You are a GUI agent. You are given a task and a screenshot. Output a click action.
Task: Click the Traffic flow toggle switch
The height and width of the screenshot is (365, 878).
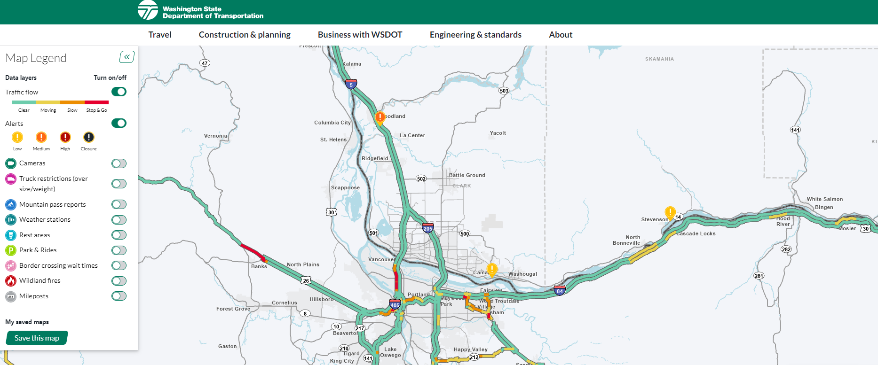(119, 92)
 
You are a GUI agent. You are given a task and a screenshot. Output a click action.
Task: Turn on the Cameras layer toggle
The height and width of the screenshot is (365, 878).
(119, 163)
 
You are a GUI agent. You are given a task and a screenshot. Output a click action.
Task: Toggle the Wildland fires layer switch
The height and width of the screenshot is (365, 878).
(119, 281)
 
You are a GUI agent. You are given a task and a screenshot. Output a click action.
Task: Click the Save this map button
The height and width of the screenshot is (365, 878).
(37, 338)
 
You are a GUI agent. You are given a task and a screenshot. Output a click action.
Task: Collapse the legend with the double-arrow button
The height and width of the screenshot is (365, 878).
(127, 57)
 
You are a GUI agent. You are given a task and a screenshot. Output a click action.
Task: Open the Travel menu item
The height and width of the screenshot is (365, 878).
(160, 35)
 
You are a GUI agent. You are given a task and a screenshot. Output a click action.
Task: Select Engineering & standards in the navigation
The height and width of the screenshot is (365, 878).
(475, 35)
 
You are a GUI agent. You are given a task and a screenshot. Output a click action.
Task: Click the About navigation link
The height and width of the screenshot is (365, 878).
(561, 35)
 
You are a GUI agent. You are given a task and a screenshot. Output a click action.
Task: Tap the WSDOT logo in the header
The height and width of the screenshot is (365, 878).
(148, 10)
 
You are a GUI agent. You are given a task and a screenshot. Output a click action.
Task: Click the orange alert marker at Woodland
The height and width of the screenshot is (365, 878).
(380, 116)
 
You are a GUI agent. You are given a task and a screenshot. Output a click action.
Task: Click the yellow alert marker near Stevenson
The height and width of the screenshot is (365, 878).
(670, 212)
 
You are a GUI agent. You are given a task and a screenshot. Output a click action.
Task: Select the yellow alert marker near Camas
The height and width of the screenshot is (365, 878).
(492, 270)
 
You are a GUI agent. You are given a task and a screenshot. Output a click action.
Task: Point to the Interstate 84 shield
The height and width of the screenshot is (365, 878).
(560, 290)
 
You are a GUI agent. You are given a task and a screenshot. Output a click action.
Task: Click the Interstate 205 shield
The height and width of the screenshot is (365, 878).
(427, 228)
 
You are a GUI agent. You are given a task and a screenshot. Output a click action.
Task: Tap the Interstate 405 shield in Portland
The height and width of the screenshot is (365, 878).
(395, 304)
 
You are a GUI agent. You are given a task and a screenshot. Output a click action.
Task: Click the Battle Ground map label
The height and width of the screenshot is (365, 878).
(467, 175)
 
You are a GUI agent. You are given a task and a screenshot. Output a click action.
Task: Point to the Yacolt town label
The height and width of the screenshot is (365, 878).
(498, 133)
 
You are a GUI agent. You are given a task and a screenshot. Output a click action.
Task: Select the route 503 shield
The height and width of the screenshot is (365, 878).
(504, 91)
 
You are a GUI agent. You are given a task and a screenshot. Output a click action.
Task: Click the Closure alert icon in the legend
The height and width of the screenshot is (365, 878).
(89, 137)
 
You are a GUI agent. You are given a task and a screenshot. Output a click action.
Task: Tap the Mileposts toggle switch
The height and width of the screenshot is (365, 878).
(119, 296)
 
